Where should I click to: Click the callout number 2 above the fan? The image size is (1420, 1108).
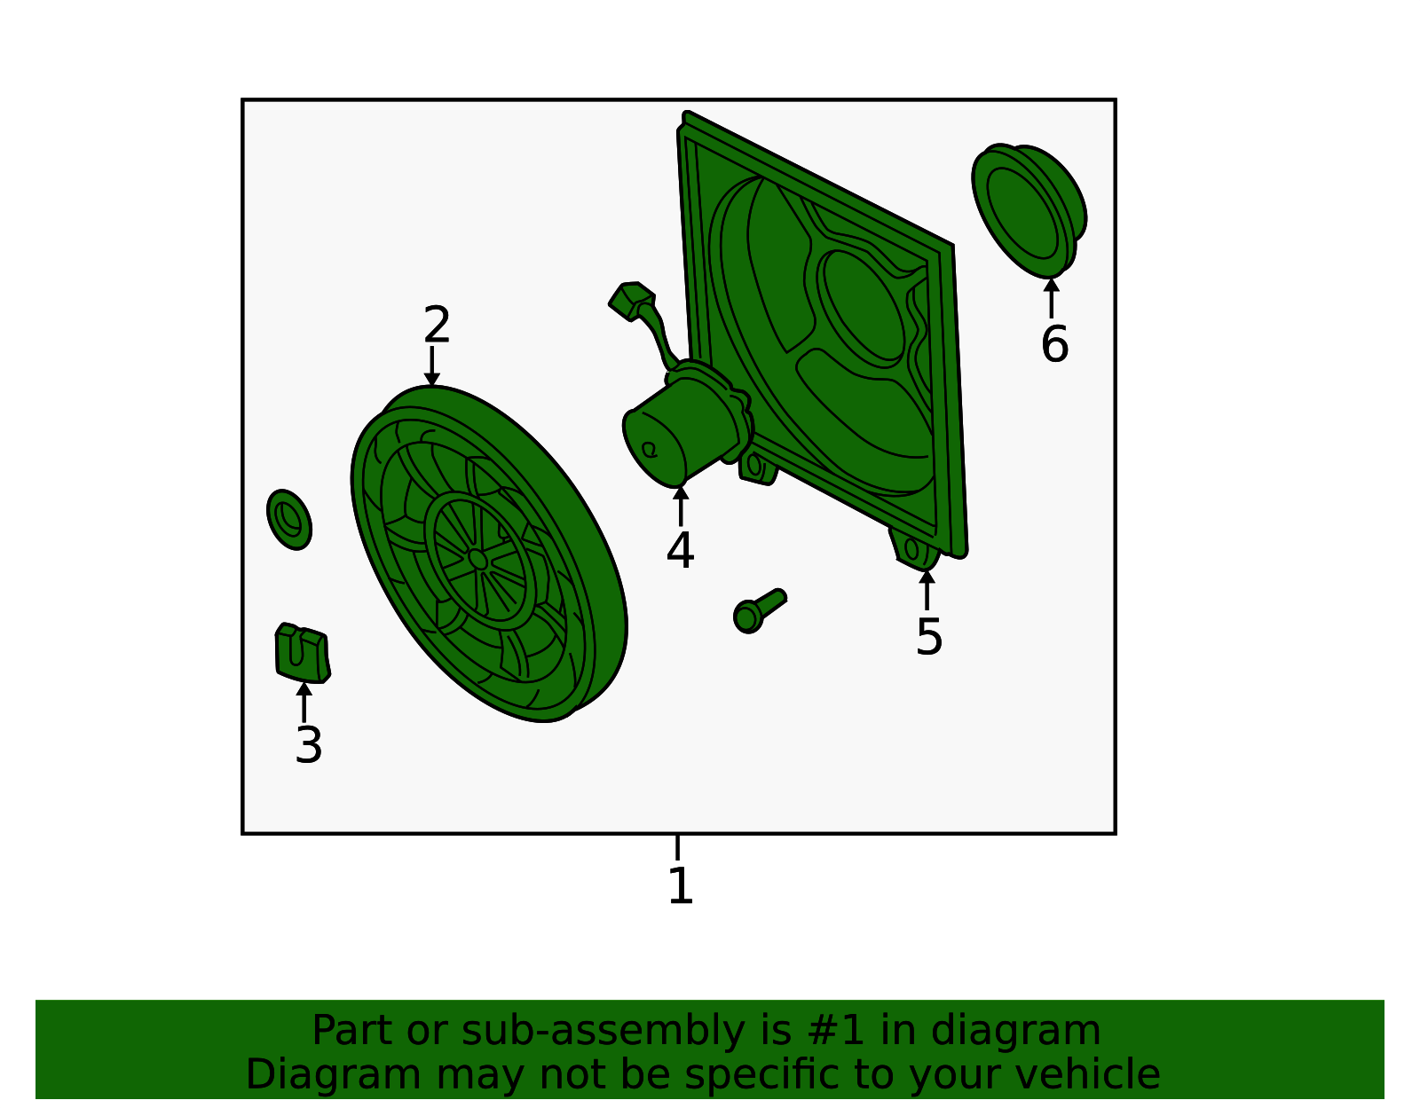437,325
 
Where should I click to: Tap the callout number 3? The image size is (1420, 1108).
309,745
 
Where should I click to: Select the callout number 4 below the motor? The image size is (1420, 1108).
680,550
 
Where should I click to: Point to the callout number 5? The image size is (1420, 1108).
928,637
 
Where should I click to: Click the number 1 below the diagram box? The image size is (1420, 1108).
680,885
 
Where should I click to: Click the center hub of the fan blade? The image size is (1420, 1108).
477,559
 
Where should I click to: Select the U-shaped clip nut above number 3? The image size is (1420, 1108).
302,653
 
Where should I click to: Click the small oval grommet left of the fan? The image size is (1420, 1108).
288,519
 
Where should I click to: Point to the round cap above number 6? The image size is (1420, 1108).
1029,210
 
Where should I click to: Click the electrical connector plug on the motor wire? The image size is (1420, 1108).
631,301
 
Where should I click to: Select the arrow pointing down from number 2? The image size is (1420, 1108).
431,365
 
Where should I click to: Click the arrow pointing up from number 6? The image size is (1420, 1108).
1051,298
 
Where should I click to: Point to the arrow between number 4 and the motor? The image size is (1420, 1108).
680,506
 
